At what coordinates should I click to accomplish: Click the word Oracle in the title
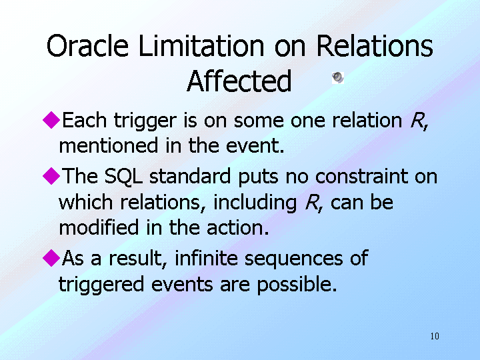click(x=87, y=45)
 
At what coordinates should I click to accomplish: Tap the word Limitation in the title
click(x=201, y=45)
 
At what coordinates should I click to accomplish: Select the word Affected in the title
click(x=239, y=81)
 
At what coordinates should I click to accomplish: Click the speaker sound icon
click(x=337, y=78)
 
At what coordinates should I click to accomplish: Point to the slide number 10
click(x=435, y=336)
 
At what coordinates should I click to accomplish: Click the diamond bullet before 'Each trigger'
click(x=51, y=120)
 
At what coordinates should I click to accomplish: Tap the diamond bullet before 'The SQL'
click(x=51, y=176)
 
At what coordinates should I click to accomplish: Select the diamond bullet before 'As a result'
click(x=51, y=258)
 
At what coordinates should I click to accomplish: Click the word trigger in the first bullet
click(x=145, y=121)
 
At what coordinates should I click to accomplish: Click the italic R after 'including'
click(x=312, y=203)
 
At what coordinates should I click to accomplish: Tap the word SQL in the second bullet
click(x=124, y=177)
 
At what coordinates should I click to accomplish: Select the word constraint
click(x=361, y=177)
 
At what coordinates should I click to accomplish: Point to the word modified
click(x=99, y=227)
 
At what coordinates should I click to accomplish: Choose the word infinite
click(x=206, y=258)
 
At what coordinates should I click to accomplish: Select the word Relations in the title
click(x=375, y=45)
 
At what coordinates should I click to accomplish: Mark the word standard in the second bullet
click(x=190, y=176)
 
